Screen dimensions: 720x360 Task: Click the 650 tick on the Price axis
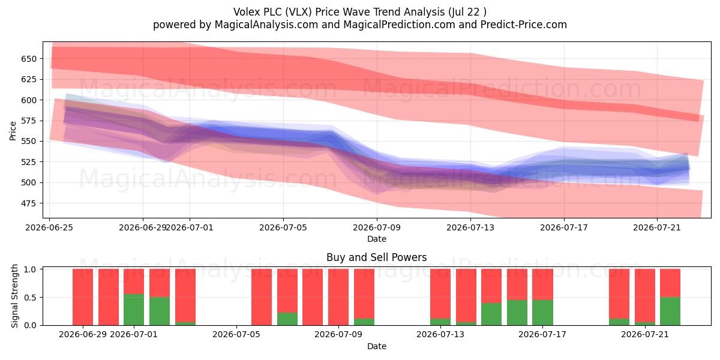[x=29, y=59]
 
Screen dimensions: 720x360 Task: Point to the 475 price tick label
[x=29, y=203]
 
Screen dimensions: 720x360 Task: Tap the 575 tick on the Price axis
[x=29, y=121]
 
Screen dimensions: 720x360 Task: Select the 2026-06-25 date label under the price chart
[x=49, y=227]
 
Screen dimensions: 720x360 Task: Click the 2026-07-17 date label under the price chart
[x=564, y=227]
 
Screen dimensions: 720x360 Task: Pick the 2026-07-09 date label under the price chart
[x=377, y=227]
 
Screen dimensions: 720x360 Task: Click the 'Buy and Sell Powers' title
[x=376, y=257]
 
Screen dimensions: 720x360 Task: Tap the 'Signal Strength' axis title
[x=14, y=296]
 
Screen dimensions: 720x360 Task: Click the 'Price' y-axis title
[x=13, y=131]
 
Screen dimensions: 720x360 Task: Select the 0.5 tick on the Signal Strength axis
[x=31, y=298]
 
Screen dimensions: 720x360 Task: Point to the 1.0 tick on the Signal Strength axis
[x=31, y=269]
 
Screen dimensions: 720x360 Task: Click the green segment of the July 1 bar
[x=134, y=310]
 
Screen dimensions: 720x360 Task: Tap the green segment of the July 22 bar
[x=670, y=311]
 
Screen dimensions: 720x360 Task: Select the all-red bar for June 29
[x=83, y=297]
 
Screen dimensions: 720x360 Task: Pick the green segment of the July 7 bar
[x=287, y=319]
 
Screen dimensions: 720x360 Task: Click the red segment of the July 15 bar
[x=491, y=286]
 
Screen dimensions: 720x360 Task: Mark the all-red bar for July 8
[x=313, y=297]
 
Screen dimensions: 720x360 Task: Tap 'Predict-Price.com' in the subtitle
[x=524, y=25]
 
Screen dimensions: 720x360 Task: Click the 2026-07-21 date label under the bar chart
[x=645, y=334]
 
